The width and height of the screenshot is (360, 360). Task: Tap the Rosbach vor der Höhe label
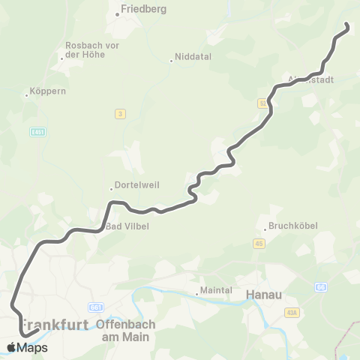point(92,50)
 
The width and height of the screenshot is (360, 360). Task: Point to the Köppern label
point(47,92)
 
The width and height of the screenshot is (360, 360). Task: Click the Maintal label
point(217,291)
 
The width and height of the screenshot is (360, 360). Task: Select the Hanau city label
point(264,295)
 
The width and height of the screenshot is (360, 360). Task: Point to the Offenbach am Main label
point(126,331)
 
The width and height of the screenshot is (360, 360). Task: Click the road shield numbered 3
point(119,113)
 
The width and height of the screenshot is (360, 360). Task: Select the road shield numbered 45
point(259,243)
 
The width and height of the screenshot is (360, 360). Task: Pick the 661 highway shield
point(96,307)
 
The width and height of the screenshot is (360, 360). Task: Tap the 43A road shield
point(291,312)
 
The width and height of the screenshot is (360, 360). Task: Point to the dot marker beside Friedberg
point(118,13)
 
